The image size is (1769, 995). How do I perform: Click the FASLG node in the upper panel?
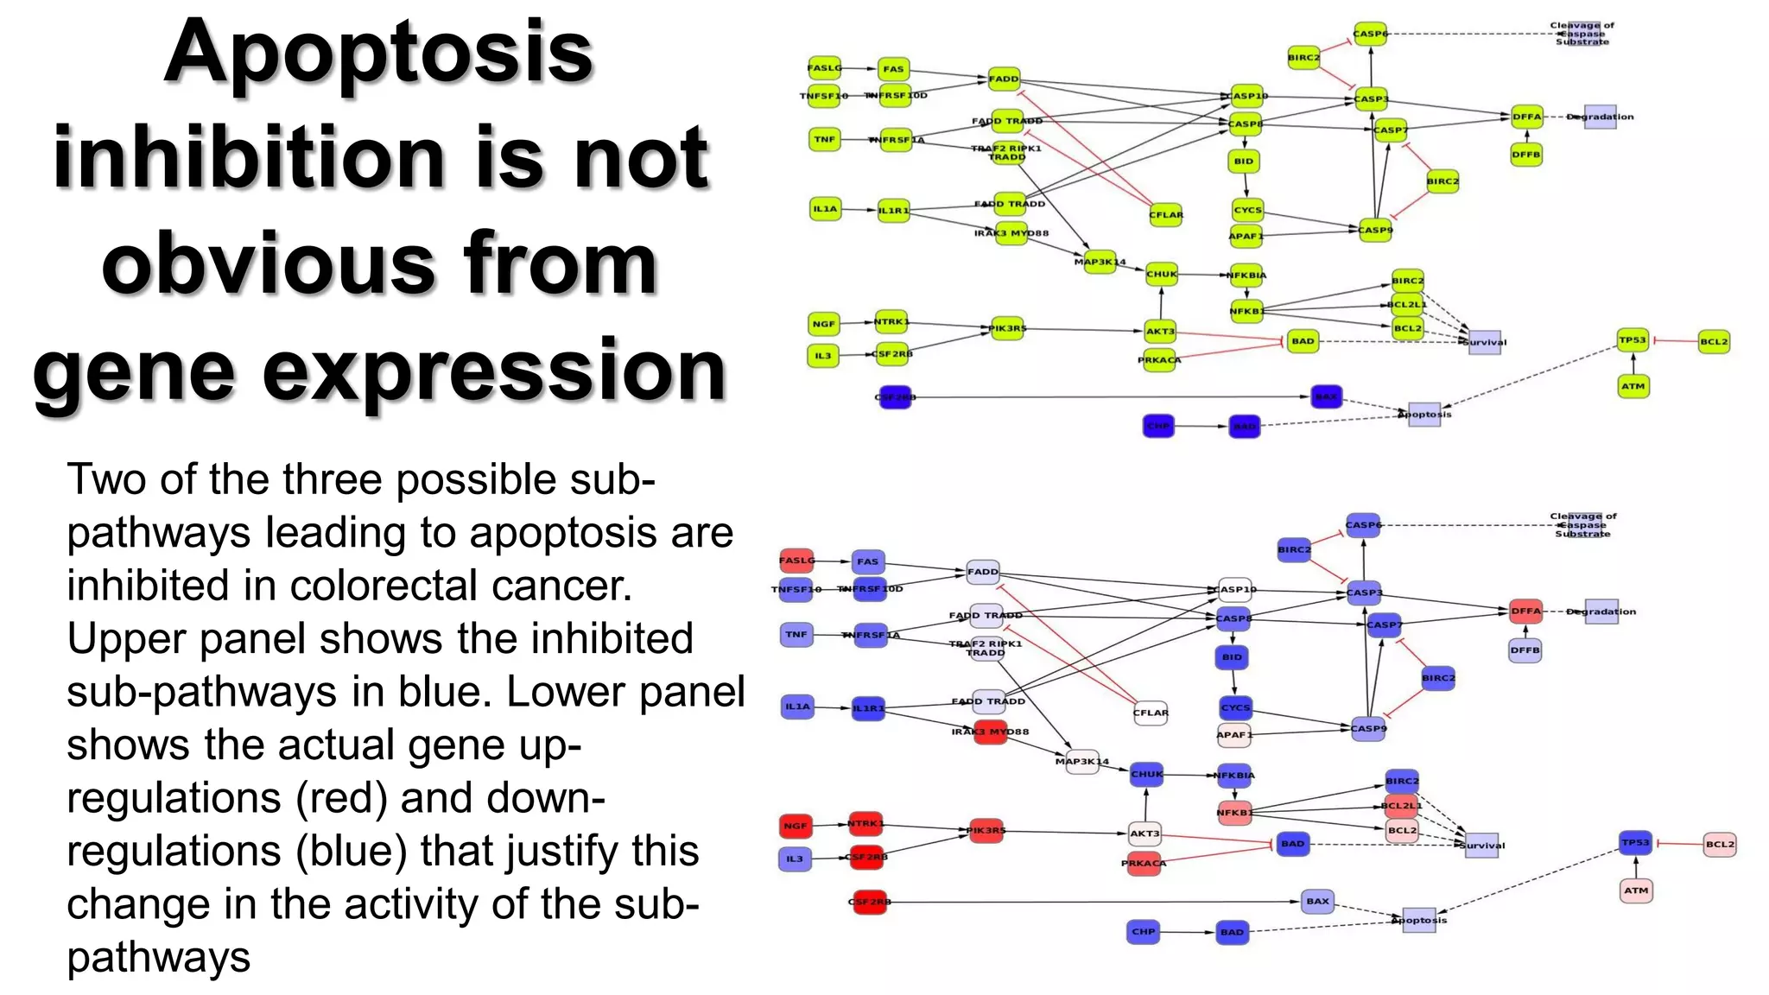[825, 67]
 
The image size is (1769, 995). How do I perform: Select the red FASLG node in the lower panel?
[796, 561]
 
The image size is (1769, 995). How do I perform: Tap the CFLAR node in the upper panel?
[1165, 214]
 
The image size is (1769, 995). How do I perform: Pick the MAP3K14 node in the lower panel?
[1082, 762]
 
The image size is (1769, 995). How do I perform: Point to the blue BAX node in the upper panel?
[1326, 396]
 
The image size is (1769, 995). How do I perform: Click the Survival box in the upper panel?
[1485, 342]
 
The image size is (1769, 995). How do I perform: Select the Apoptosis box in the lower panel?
[1419, 920]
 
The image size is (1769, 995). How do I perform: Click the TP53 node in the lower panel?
[1635, 842]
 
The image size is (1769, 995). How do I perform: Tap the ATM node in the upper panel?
[1633, 386]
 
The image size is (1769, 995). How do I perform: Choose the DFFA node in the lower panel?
[1525, 611]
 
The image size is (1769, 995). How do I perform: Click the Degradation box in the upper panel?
[1600, 117]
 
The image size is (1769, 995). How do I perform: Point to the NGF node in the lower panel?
[795, 826]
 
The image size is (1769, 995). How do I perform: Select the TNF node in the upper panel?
[825, 139]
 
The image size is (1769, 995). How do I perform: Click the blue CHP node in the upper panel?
[1158, 426]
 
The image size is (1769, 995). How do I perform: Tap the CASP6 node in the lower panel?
[1363, 525]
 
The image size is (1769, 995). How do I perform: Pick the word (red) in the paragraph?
[340, 798]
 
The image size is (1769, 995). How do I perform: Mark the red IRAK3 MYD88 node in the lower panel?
[990, 732]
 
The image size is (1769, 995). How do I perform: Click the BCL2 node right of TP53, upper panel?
[1714, 341]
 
